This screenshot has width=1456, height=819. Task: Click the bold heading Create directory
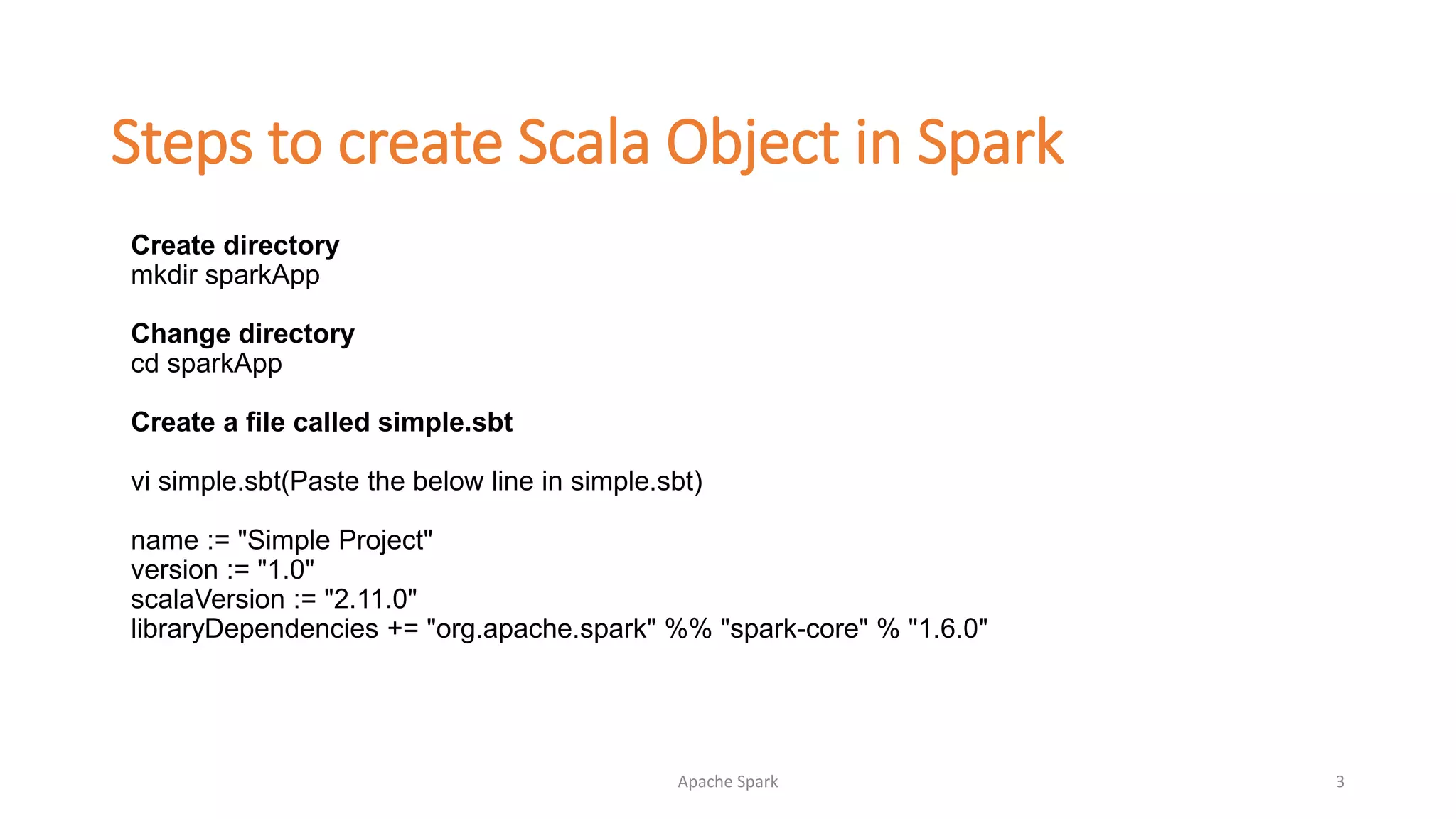235,245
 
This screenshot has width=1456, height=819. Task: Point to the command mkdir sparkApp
225,275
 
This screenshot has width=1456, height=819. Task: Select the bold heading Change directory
242,333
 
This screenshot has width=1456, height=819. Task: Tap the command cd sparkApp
206,363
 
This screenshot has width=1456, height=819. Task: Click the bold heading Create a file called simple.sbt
321,422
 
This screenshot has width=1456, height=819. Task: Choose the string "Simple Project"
335,540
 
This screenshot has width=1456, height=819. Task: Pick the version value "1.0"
286,570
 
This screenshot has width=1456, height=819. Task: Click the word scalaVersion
208,599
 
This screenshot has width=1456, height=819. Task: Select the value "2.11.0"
370,599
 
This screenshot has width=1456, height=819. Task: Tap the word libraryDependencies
254,629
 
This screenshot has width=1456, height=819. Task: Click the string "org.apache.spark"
541,629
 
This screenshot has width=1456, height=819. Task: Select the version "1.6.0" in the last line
948,629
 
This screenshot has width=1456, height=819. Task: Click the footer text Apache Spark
727,782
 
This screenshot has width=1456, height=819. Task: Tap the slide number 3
1339,782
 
